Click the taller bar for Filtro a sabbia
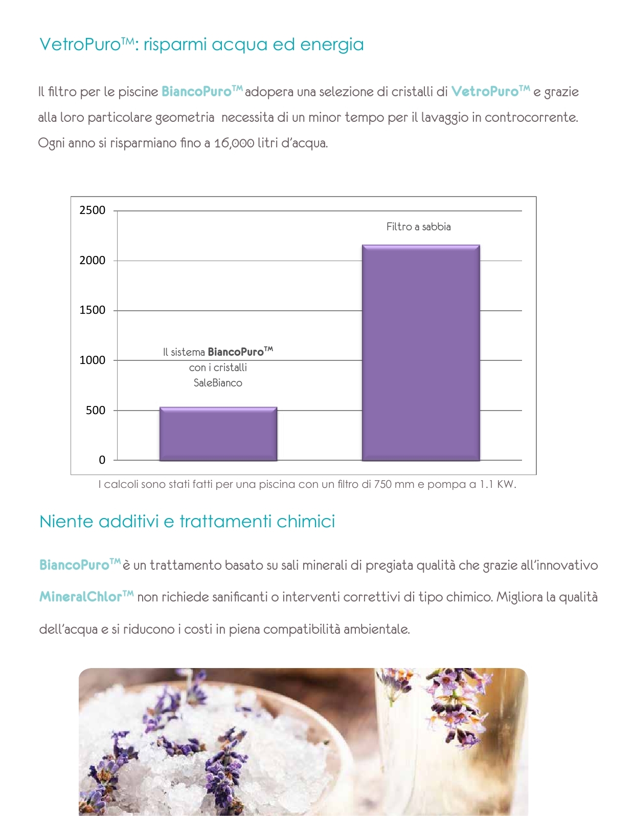point(421,353)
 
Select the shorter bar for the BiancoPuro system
point(218,434)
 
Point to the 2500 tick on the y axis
point(92,210)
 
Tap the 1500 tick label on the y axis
point(92,310)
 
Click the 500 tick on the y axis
point(95,411)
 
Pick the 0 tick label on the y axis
point(102,460)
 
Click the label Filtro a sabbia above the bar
point(418,227)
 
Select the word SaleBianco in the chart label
point(218,383)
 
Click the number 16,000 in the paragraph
point(234,143)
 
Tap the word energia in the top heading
point(332,45)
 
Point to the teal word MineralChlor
point(81,597)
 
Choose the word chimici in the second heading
point(306,522)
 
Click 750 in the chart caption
point(383,484)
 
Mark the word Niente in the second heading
point(66,522)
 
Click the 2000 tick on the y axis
point(92,261)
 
